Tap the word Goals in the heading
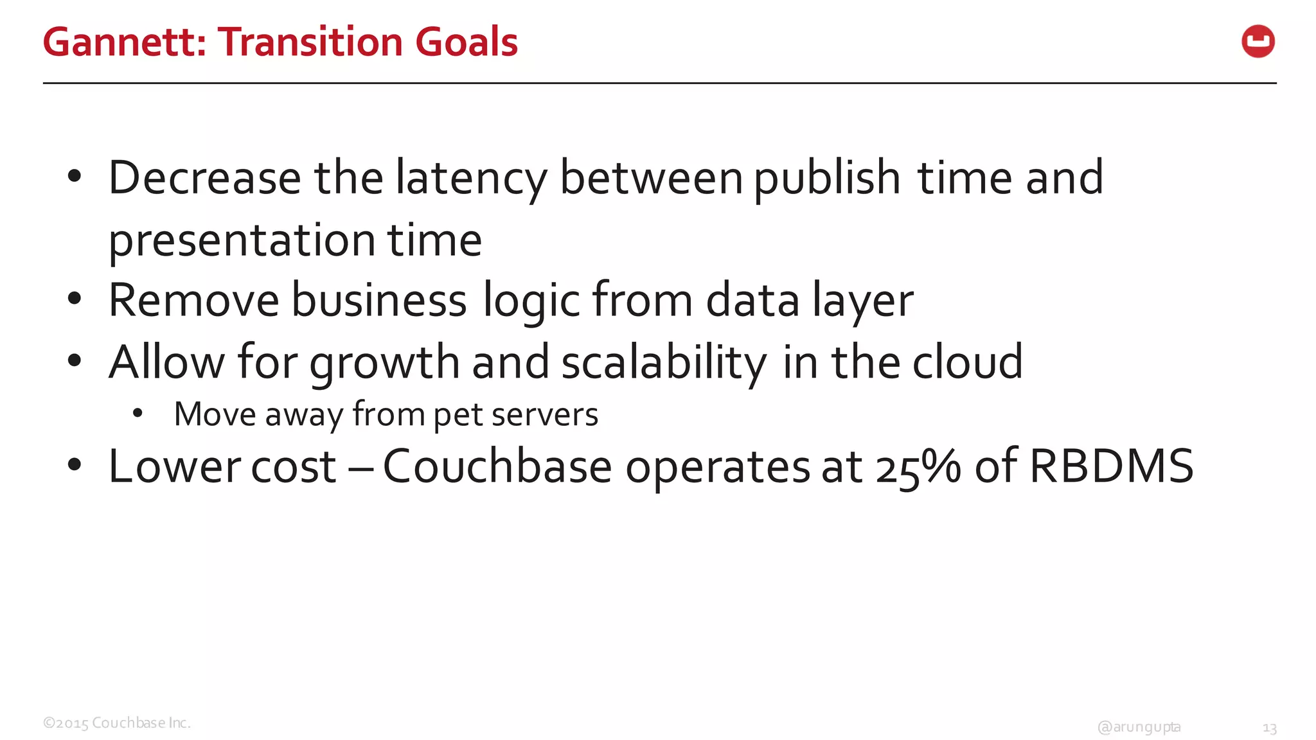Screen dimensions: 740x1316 pos(467,42)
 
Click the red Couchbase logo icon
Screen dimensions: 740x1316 pos(1258,42)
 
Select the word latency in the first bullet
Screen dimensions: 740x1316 pos(471,179)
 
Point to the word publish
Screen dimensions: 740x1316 pos(826,179)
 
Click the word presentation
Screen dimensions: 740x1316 pos(242,240)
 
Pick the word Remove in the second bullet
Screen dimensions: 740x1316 pos(193,300)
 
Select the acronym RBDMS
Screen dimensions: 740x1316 pos(1111,466)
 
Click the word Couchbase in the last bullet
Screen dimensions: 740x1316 pos(497,466)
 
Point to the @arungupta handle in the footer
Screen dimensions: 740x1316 pos(1139,727)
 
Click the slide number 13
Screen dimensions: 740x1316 pos(1269,728)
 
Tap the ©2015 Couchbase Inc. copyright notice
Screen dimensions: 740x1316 pos(117,723)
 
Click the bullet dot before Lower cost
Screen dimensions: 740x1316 pos(75,464)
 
